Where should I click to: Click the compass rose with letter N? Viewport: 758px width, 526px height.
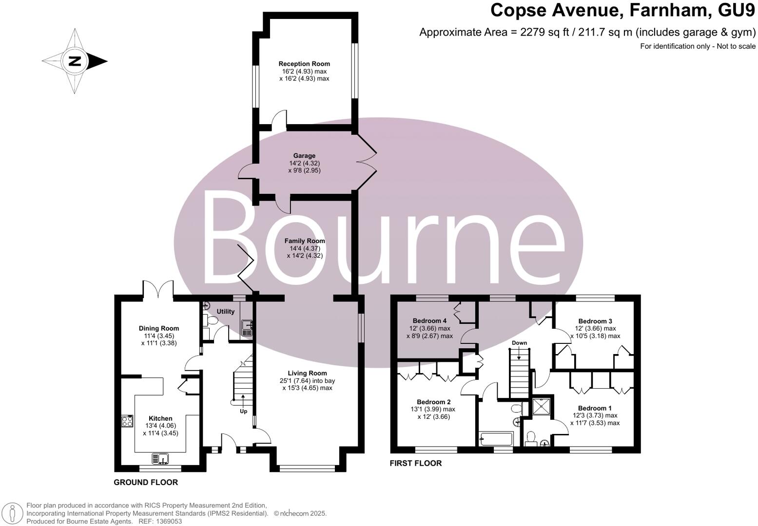74,61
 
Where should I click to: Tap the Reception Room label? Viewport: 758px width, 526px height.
304,64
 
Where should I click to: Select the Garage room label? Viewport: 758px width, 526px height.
304,156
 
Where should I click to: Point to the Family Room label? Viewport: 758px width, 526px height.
305,241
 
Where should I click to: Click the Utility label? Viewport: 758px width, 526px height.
225,312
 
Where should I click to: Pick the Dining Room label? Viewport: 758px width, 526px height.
159,328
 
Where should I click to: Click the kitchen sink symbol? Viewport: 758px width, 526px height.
160,458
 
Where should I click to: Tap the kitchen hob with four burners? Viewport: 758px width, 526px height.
127,421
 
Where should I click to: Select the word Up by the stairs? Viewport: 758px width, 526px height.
243,411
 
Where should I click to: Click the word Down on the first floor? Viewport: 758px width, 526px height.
519,343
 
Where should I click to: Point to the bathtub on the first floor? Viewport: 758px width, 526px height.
496,439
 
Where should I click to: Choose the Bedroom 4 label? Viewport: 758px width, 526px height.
429,321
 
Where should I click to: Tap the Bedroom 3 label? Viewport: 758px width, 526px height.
595,321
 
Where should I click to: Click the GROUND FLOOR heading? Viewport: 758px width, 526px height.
146,482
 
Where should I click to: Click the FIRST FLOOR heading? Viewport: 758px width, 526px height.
415,463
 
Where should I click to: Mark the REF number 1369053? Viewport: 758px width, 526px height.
168,521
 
